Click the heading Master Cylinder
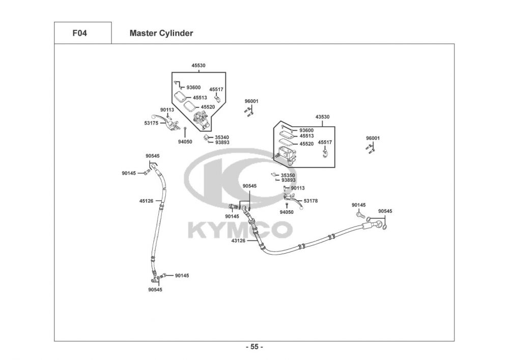161,34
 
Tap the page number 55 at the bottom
254,347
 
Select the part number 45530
199,66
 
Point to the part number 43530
322,117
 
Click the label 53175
151,123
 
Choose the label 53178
310,201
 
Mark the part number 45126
146,201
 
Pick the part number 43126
238,240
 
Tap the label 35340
221,137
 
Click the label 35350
288,175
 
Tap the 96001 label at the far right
373,138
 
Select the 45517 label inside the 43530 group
325,142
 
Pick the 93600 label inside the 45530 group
193,88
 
